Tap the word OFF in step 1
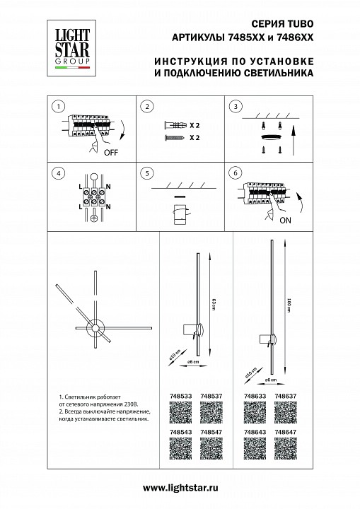(112, 151)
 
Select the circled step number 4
(59, 172)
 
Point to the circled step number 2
(146, 107)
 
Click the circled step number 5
(146, 172)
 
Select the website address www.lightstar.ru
(180, 488)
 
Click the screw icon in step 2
(174, 137)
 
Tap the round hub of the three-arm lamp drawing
(94, 327)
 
